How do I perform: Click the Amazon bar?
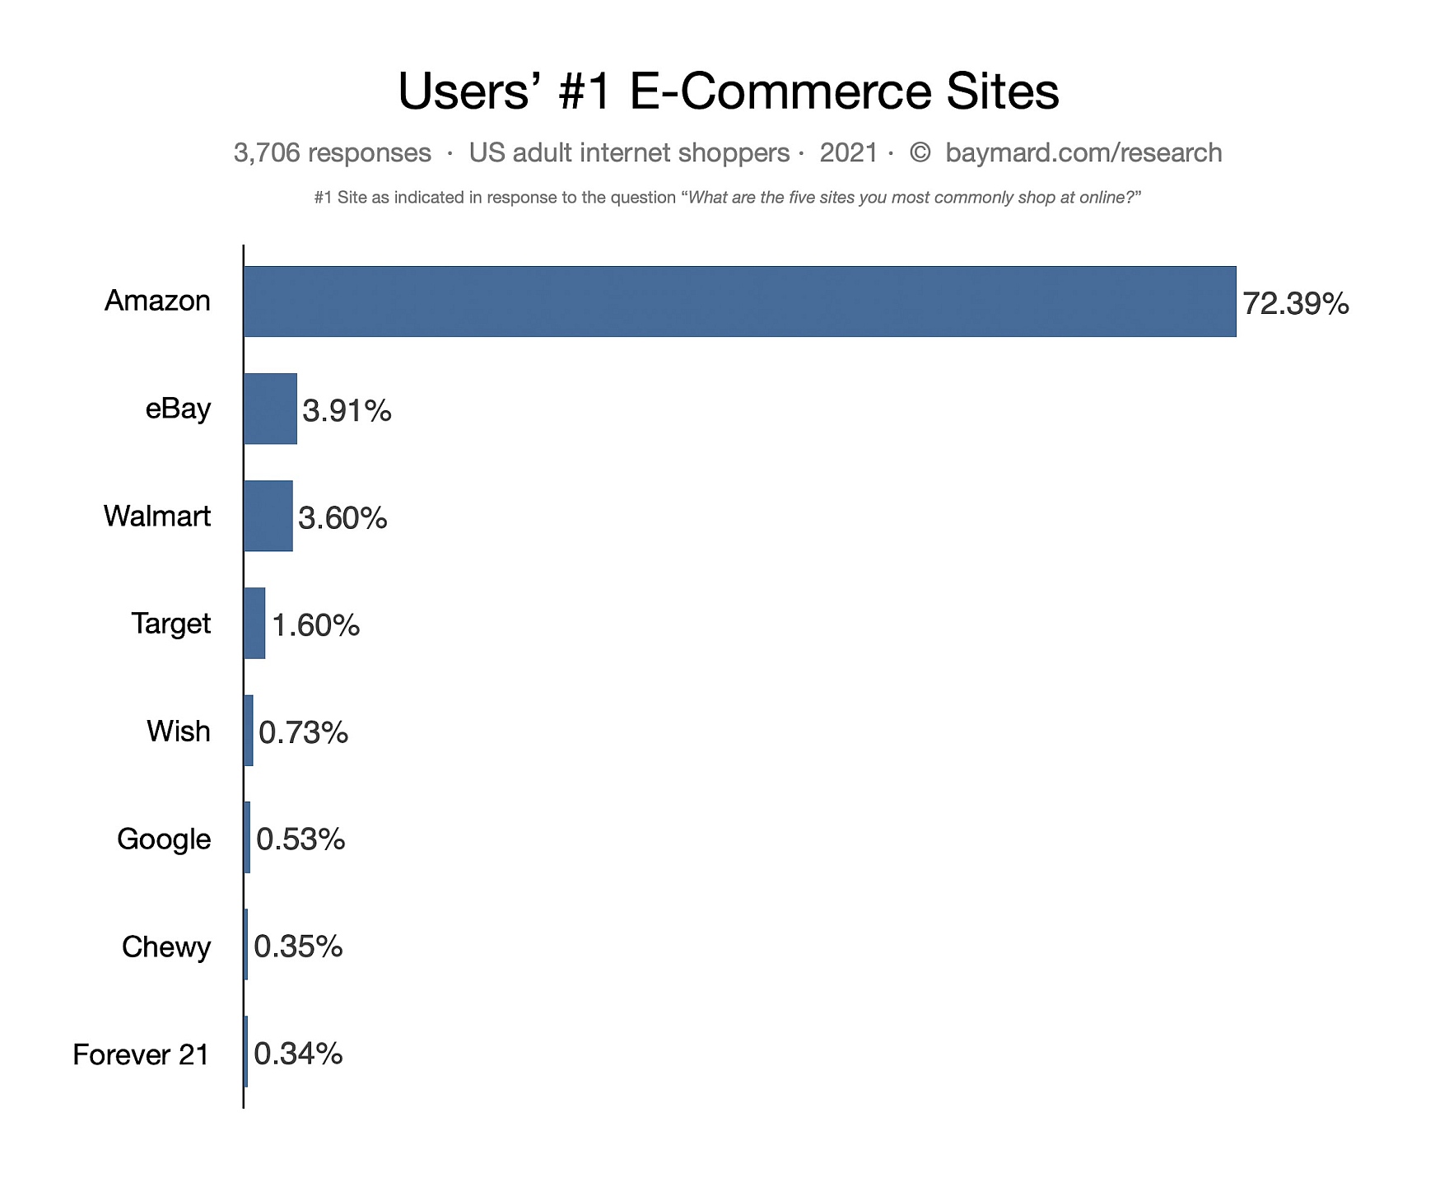tap(739, 302)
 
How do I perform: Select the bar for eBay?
tap(270, 409)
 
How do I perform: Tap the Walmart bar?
tap(268, 516)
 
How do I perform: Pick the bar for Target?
tap(254, 624)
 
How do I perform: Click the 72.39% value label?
tap(1296, 304)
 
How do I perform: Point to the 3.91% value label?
tap(347, 410)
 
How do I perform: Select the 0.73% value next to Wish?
tap(303, 732)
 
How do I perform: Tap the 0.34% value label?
tap(298, 1054)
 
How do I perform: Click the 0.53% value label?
tap(301, 839)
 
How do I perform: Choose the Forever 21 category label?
tap(141, 1054)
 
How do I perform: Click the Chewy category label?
tap(166, 947)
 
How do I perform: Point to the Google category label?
tap(164, 839)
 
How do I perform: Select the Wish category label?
tap(179, 732)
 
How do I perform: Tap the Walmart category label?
tap(157, 517)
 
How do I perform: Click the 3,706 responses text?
tap(333, 153)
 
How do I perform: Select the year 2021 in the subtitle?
tap(849, 153)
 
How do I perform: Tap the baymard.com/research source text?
tap(1083, 153)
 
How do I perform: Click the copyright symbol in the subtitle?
tap(920, 153)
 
